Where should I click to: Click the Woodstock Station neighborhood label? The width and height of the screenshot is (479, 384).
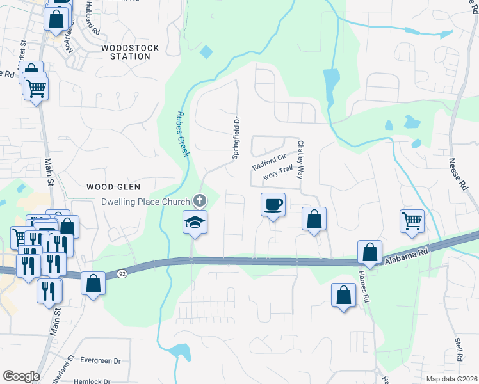(x=126, y=52)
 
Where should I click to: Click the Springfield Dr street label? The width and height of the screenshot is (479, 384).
(x=236, y=137)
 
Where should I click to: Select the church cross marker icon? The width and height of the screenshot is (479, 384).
(x=200, y=201)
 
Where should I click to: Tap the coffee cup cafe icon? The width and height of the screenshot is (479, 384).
(x=273, y=204)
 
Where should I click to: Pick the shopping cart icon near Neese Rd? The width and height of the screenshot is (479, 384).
(x=412, y=221)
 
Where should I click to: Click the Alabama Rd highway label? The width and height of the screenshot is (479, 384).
(x=405, y=255)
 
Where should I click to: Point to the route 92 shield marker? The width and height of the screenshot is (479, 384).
(x=122, y=274)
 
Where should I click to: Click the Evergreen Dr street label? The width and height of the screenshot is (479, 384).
(x=99, y=361)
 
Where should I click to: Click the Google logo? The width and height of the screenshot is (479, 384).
(x=21, y=376)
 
